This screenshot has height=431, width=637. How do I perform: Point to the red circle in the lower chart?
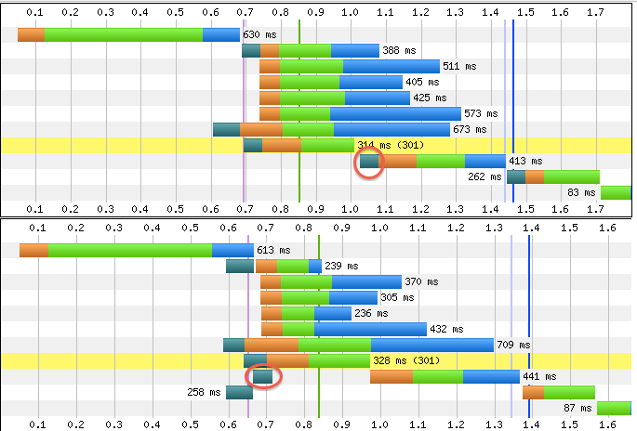262,376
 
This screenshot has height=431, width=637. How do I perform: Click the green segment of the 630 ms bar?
123,34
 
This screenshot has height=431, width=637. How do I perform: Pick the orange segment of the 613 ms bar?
33,250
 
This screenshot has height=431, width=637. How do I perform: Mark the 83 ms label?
580,192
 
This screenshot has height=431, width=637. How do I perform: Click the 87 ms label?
577,408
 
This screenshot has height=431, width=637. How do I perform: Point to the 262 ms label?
484,176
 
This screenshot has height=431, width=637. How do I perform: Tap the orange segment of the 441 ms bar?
391,376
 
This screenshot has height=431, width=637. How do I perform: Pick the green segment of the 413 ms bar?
440,161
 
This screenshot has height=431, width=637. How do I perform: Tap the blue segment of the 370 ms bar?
366,281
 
